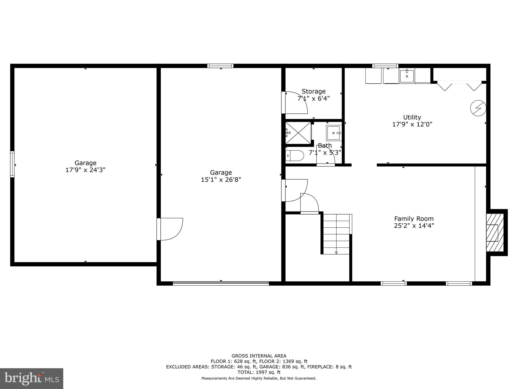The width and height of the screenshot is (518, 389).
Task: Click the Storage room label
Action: (x=313, y=91)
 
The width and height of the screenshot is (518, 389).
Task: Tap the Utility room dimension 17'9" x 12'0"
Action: (x=412, y=124)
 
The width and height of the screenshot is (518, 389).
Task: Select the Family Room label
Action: (x=414, y=219)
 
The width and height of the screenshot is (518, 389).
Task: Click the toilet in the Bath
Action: (x=294, y=155)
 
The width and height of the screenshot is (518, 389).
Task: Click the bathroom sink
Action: (x=334, y=133)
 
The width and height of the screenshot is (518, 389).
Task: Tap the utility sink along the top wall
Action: (x=407, y=76)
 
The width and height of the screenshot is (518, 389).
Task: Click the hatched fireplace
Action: (x=495, y=232)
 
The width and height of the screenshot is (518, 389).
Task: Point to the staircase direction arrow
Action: (x=336, y=252)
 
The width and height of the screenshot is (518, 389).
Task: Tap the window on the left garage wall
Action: (x=12, y=164)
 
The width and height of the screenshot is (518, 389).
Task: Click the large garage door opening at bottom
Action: (x=221, y=283)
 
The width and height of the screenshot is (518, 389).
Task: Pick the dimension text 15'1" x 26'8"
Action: (x=221, y=180)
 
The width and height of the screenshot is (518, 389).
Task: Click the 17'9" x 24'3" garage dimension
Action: (x=85, y=170)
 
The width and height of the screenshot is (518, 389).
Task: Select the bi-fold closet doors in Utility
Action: (x=459, y=86)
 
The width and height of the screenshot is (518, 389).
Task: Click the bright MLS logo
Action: (x=32, y=378)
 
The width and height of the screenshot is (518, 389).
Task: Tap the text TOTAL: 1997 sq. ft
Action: (x=259, y=372)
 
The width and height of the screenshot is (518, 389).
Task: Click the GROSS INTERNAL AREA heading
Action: (x=259, y=356)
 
